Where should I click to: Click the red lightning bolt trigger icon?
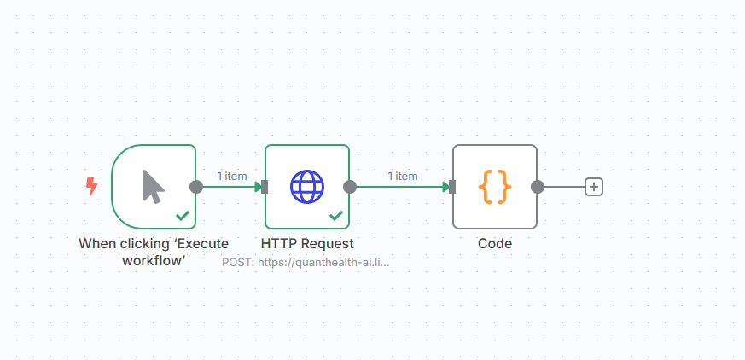point(91,186)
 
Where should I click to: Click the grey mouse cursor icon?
point(154,187)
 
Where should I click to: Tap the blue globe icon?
point(307,187)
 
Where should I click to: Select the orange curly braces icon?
point(495,187)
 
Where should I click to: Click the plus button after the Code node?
point(593,187)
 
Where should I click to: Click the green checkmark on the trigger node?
point(183,216)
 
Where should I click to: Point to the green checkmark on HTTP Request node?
point(336,216)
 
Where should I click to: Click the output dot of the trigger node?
point(196,187)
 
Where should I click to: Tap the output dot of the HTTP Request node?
point(350,187)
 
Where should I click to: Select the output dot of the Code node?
point(538,187)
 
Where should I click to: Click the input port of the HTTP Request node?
point(265,187)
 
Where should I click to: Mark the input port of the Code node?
point(452,187)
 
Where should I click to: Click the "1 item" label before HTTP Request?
point(232,176)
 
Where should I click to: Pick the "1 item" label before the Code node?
point(403,176)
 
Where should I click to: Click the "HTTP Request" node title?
point(307,244)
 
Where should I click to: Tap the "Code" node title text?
point(495,244)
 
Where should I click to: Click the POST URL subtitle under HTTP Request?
point(306,262)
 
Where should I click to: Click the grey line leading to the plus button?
point(564,187)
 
